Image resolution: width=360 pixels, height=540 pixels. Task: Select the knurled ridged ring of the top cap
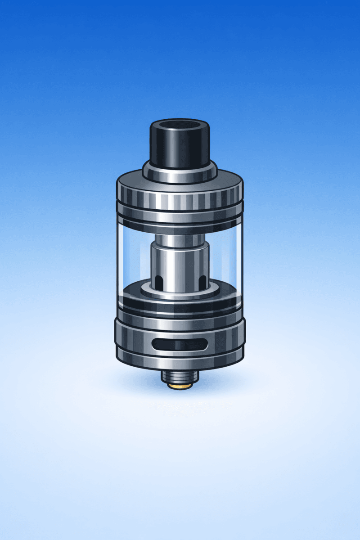tap(180, 197)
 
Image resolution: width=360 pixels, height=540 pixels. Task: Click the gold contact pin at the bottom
tap(180, 386)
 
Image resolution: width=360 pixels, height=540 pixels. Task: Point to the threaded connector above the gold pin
tap(180, 375)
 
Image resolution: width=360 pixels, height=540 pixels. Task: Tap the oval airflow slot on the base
tap(180, 345)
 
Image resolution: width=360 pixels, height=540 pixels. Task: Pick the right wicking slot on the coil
tap(202, 280)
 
